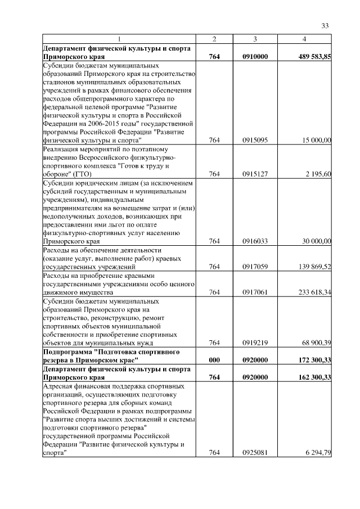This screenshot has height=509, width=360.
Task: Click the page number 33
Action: click(x=325, y=25)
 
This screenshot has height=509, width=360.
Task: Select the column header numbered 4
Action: click(x=304, y=39)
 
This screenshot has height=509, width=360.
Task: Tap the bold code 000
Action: click(x=214, y=360)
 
